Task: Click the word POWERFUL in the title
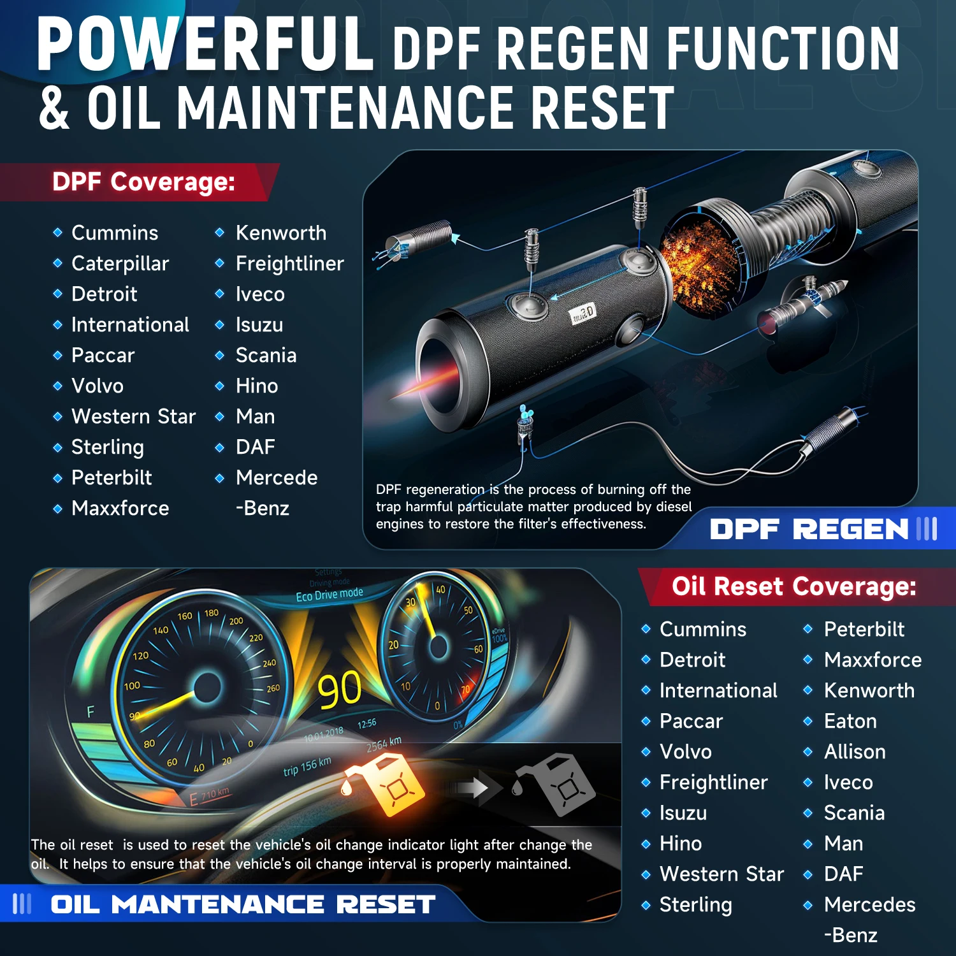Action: [x=205, y=45]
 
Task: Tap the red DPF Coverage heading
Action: [x=144, y=182]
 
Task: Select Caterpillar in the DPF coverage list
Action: [x=120, y=263]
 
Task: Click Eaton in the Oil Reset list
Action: [x=850, y=721]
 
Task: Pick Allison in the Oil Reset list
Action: [x=855, y=751]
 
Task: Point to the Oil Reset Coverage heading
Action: [x=794, y=586]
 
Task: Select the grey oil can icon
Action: [x=555, y=784]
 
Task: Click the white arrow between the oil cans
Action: [x=472, y=788]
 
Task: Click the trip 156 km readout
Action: [x=307, y=766]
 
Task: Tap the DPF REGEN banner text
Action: [x=809, y=529]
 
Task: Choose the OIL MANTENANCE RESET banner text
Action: [x=243, y=904]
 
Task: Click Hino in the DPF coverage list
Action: [x=257, y=386]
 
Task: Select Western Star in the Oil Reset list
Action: [x=721, y=874]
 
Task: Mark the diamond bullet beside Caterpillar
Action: [x=57, y=263]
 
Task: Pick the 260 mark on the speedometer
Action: [x=273, y=688]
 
